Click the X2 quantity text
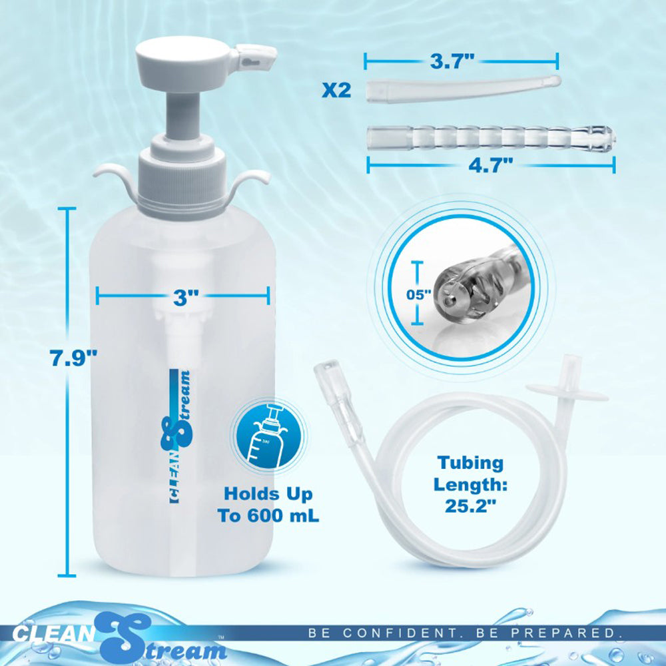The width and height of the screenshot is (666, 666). (x=336, y=91)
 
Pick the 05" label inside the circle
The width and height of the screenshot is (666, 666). (x=419, y=294)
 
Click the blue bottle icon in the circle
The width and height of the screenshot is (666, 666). (x=269, y=434)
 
